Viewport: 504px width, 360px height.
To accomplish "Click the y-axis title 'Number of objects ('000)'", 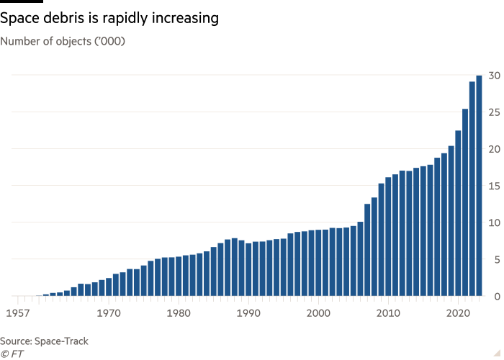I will click(x=63, y=41).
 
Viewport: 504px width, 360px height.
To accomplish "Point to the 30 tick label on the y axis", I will click(x=492, y=75).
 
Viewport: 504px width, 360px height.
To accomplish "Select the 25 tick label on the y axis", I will click(x=492, y=112).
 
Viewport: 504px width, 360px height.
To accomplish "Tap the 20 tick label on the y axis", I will click(x=492, y=148).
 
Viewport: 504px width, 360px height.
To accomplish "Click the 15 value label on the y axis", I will click(x=492, y=186).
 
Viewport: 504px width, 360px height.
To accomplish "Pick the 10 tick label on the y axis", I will click(x=492, y=222).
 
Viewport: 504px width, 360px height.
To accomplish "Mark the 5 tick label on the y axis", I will click(x=495, y=259).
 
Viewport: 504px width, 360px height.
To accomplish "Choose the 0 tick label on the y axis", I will click(x=495, y=296).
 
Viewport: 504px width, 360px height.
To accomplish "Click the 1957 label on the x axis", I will click(x=18, y=313).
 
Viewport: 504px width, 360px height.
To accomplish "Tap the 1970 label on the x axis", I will click(x=108, y=313).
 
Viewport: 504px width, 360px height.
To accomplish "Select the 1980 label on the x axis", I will click(x=178, y=313).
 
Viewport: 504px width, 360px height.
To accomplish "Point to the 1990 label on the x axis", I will click(x=248, y=313).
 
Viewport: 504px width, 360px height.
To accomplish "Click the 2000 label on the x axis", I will click(x=318, y=313).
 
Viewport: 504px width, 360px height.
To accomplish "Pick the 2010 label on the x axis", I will click(x=388, y=313).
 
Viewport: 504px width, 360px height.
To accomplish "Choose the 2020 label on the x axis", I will click(x=458, y=313).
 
